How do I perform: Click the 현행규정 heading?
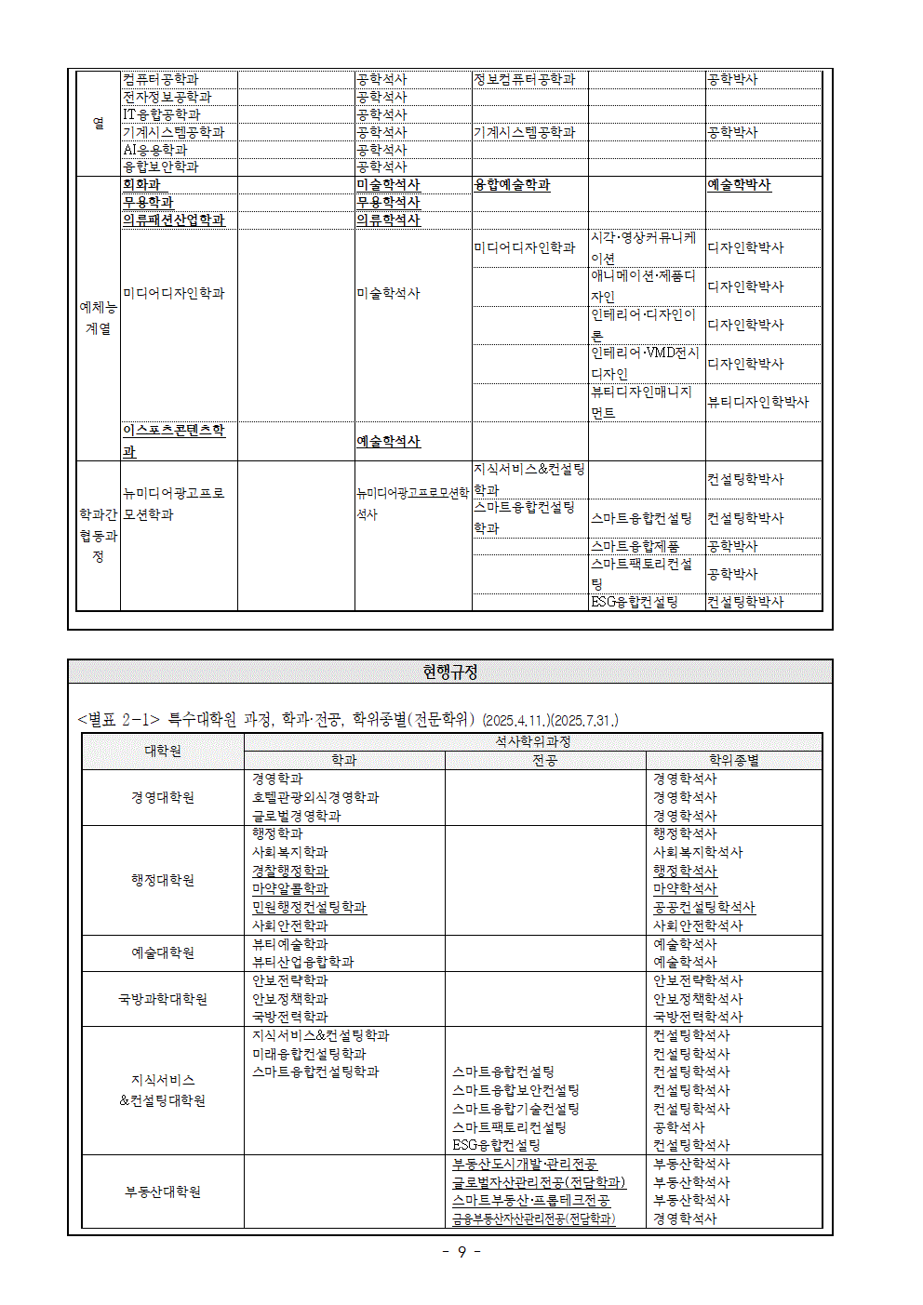click(x=449, y=672)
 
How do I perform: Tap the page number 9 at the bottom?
click(x=461, y=1252)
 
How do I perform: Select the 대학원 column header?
click(x=163, y=751)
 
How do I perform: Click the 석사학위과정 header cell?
click(x=532, y=741)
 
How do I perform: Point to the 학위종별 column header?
click(x=733, y=760)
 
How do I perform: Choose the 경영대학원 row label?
click(x=163, y=797)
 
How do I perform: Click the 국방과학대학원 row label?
click(x=163, y=999)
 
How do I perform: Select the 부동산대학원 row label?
click(x=163, y=1192)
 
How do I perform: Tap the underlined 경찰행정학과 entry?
click(x=290, y=871)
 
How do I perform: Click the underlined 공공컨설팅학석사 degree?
click(x=703, y=907)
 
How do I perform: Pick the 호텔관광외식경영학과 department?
click(x=315, y=797)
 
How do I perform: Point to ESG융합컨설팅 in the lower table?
click(x=496, y=1145)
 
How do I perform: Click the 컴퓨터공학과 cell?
click(x=161, y=80)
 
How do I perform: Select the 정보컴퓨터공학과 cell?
click(x=524, y=80)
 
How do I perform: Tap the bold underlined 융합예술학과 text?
click(x=512, y=185)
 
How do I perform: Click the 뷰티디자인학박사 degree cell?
click(x=757, y=402)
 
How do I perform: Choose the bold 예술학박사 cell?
click(x=739, y=185)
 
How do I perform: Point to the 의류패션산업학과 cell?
click(x=174, y=220)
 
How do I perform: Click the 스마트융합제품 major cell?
click(x=635, y=546)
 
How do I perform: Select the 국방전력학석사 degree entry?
click(x=697, y=1017)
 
